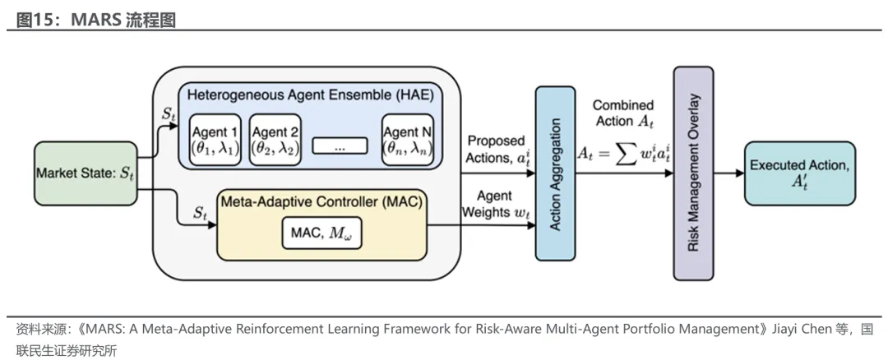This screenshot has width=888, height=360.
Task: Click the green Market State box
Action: [86, 173]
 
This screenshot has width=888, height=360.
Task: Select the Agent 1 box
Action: [215, 140]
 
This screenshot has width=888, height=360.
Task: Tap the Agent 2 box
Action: [275, 140]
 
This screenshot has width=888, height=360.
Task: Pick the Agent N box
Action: [408, 140]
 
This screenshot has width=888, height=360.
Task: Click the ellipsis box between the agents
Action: [340, 145]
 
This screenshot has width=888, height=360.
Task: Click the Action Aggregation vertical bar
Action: [555, 173]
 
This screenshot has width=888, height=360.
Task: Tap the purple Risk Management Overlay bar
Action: [693, 173]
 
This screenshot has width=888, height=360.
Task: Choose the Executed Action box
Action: [800, 173]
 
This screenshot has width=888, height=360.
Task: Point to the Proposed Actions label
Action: [496, 150]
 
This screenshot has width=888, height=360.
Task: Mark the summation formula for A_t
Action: [623, 154]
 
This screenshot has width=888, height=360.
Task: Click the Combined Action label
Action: [623, 113]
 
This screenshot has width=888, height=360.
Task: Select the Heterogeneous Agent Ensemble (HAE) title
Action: [310, 95]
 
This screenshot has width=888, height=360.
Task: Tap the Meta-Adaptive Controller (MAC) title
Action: [321, 201]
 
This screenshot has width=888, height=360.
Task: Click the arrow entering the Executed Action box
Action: [728, 173]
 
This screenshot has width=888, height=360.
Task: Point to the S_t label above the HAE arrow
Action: [169, 113]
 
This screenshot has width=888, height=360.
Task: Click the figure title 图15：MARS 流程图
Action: [95, 21]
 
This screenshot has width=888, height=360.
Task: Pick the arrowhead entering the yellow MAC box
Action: [212, 224]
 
